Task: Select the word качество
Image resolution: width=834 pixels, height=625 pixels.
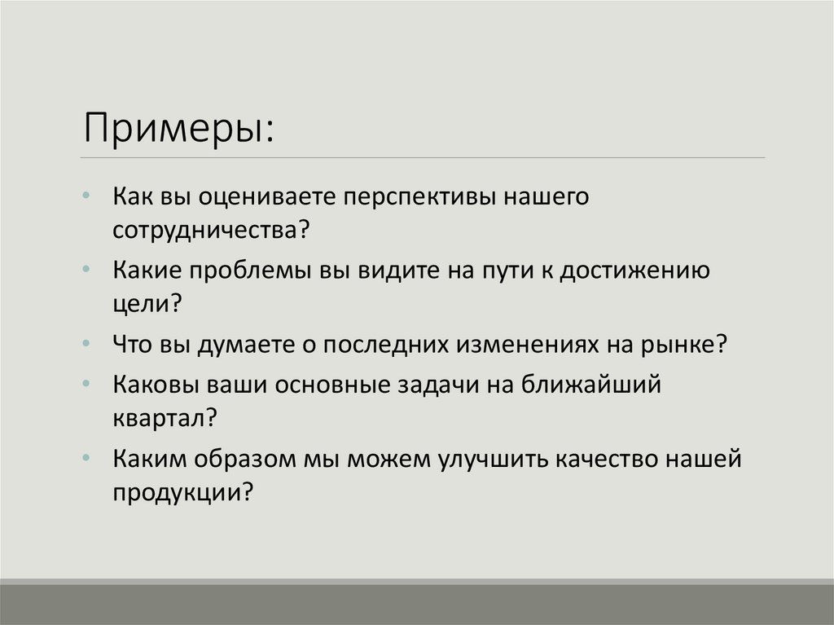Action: click(624, 460)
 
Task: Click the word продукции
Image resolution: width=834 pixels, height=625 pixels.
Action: click(179, 491)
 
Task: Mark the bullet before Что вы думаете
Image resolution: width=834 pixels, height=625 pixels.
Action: click(86, 344)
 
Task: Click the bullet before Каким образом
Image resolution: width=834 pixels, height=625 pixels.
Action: click(86, 459)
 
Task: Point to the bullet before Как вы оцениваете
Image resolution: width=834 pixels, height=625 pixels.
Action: click(86, 198)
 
